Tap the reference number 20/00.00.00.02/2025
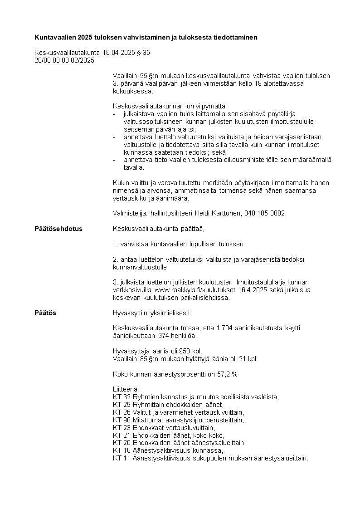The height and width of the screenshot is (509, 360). (x=64, y=60)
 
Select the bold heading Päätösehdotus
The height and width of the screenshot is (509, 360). (x=58, y=229)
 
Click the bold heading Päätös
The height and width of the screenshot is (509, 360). (x=45, y=313)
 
